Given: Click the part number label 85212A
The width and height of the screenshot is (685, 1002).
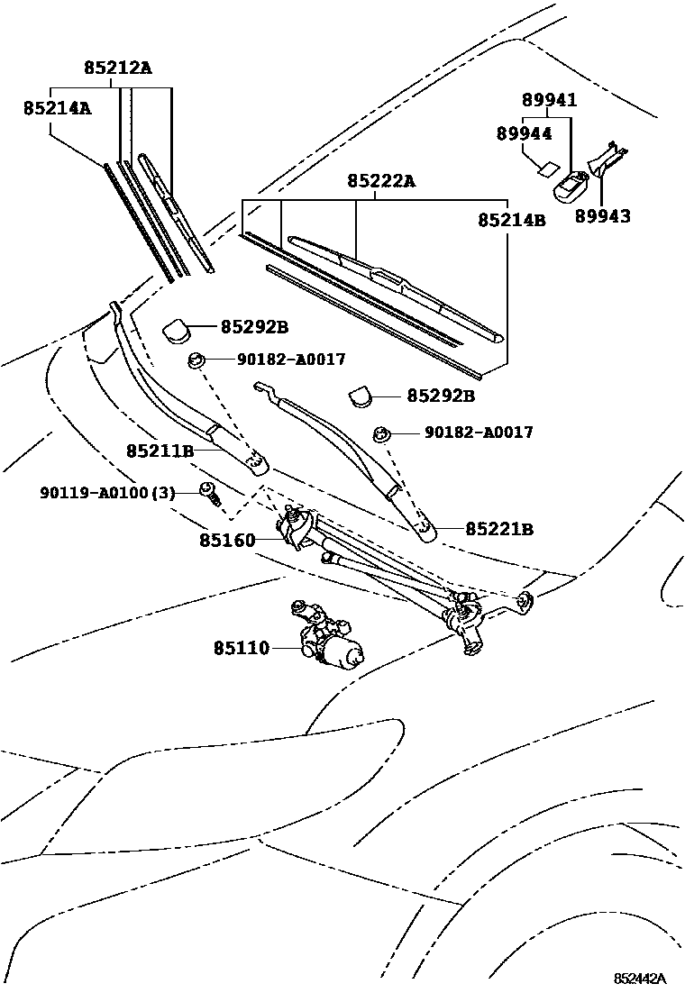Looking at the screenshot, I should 118,68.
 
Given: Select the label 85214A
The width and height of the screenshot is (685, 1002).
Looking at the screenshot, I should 57,108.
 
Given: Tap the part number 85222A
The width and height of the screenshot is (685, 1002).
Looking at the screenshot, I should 380,181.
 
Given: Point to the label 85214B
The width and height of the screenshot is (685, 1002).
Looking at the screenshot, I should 511,219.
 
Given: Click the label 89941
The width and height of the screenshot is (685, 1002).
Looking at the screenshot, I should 549,100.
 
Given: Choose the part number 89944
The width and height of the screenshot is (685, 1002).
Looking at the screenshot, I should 524,132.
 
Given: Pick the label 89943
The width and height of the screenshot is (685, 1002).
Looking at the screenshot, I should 603,216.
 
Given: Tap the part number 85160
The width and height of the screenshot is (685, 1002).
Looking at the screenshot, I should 228,542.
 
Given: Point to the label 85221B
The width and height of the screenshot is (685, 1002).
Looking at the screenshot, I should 499,529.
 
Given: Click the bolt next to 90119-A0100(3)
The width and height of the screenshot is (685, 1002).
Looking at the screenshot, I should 210,493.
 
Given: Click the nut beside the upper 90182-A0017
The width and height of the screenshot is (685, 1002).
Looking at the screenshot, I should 196,361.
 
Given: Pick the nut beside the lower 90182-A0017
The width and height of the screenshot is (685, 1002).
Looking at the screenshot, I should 382,435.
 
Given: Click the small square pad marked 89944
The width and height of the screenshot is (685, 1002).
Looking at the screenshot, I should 543,166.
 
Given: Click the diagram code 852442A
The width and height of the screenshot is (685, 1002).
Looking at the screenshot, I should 640,979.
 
